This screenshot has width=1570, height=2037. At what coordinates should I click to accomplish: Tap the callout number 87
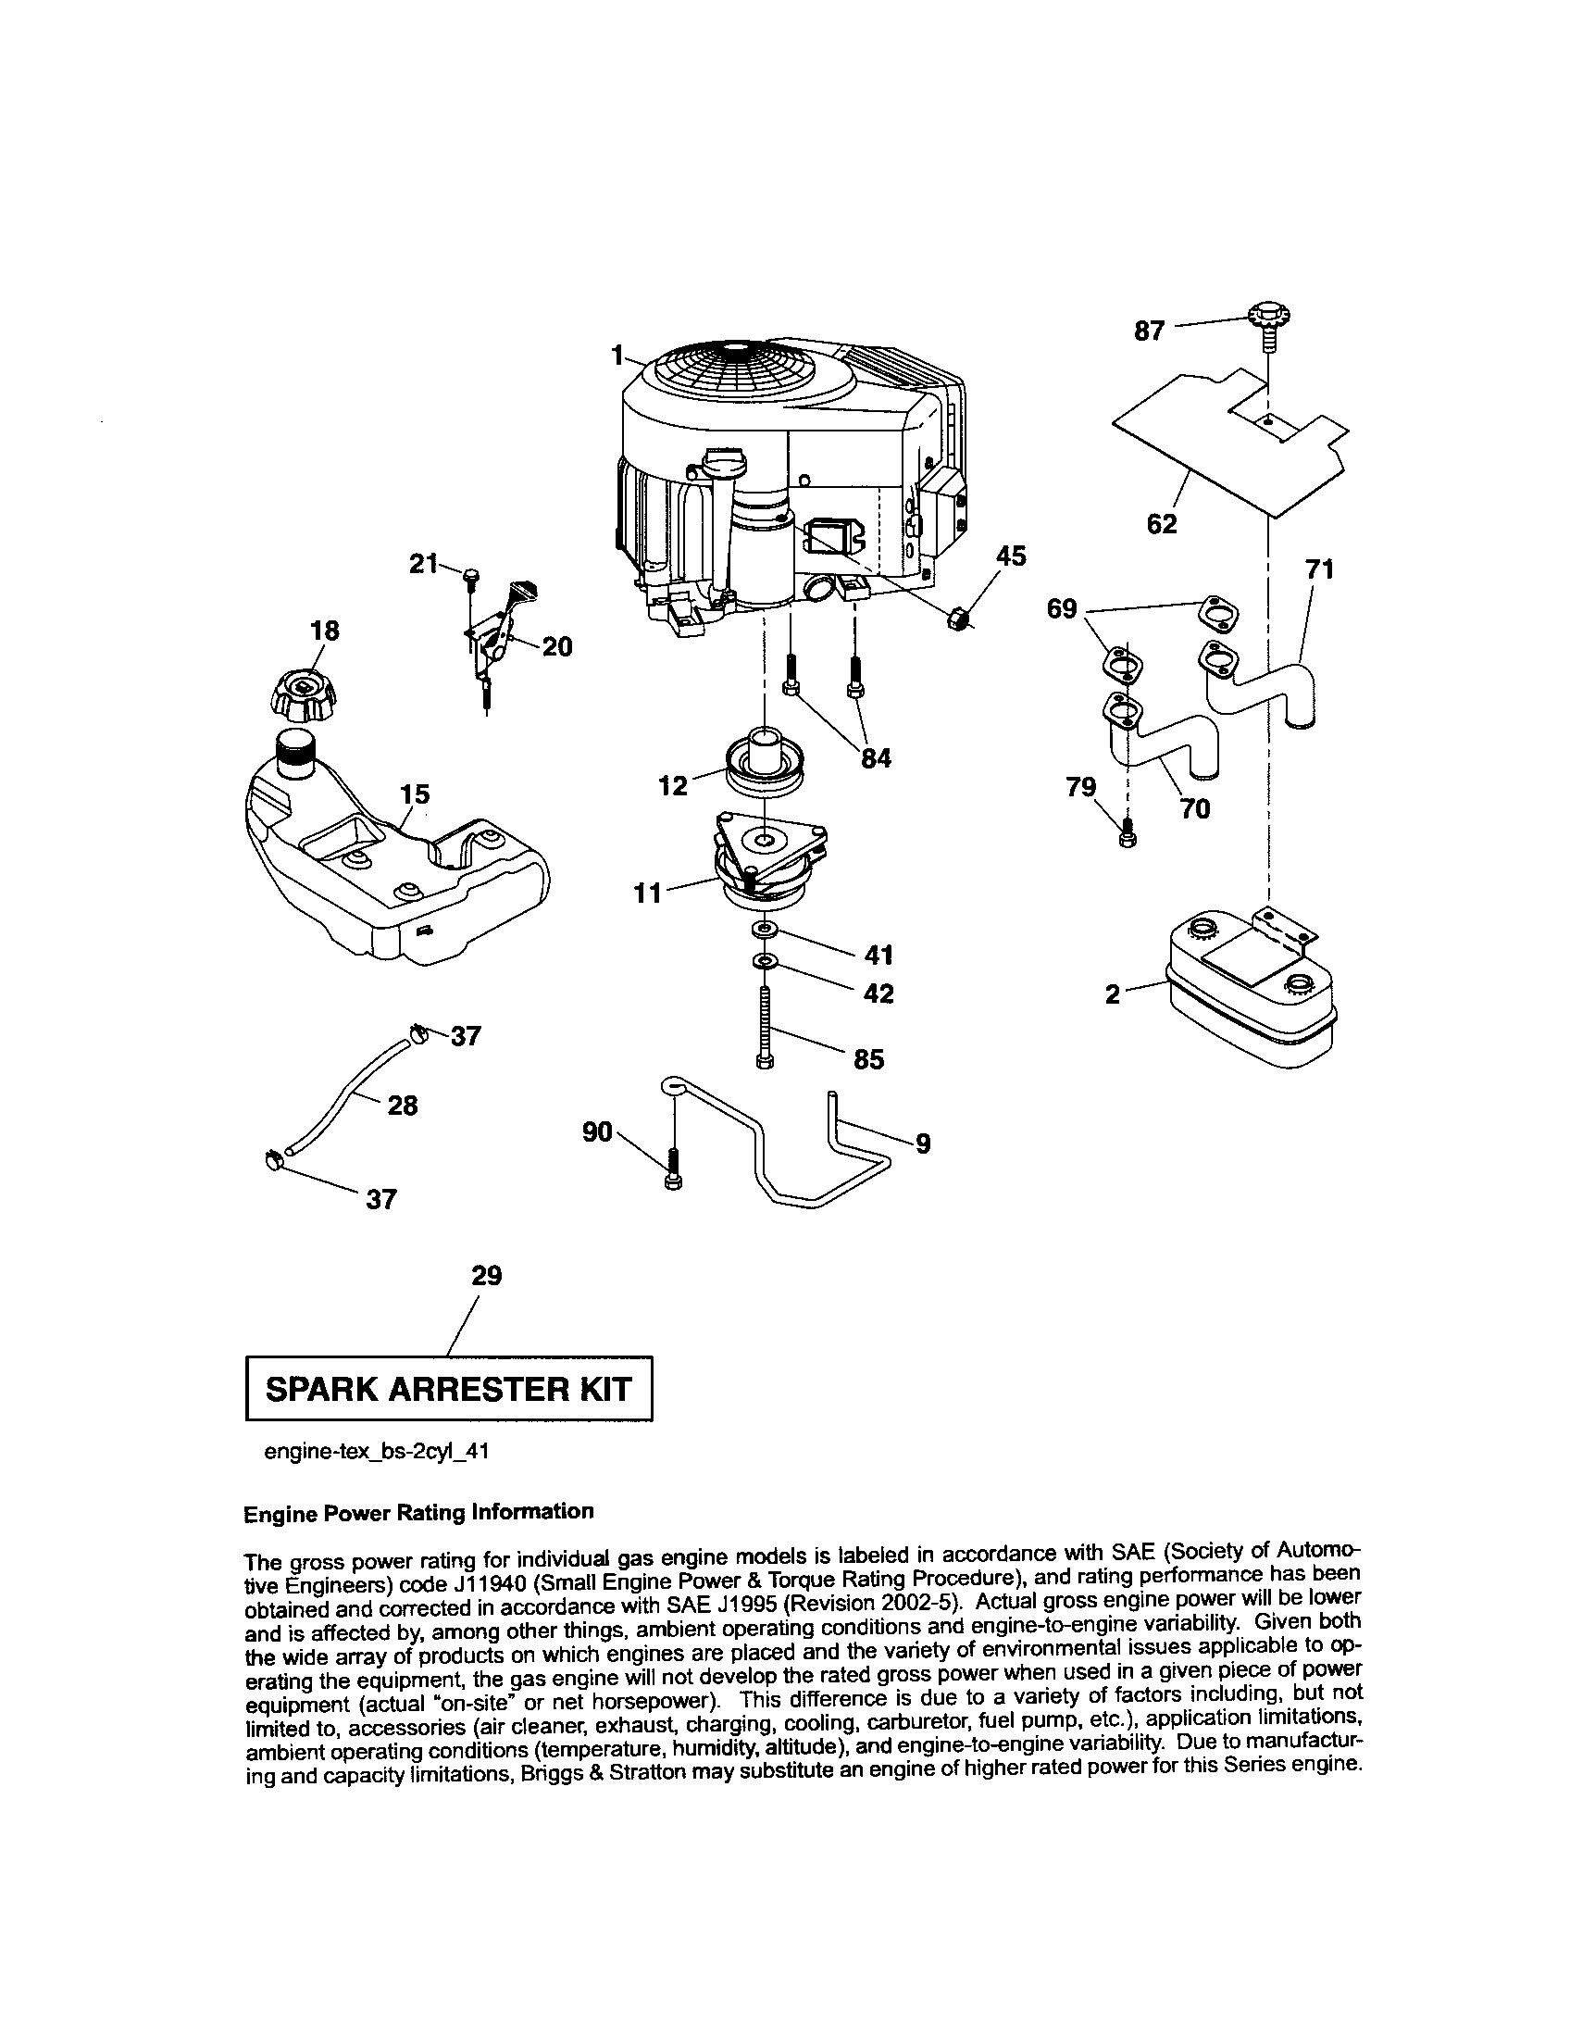(1149, 331)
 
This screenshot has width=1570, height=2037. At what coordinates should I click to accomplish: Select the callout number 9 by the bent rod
(923, 1143)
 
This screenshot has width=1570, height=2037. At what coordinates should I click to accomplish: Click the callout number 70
(1194, 808)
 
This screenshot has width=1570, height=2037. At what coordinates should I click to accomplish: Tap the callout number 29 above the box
(487, 1275)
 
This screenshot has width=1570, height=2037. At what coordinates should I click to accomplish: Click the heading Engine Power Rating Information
(417, 1512)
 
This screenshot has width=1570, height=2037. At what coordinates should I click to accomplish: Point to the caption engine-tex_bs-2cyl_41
(377, 1452)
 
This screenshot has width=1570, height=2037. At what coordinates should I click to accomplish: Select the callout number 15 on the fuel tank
(415, 794)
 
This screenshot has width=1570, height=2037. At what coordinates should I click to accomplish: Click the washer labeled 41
(766, 930)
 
